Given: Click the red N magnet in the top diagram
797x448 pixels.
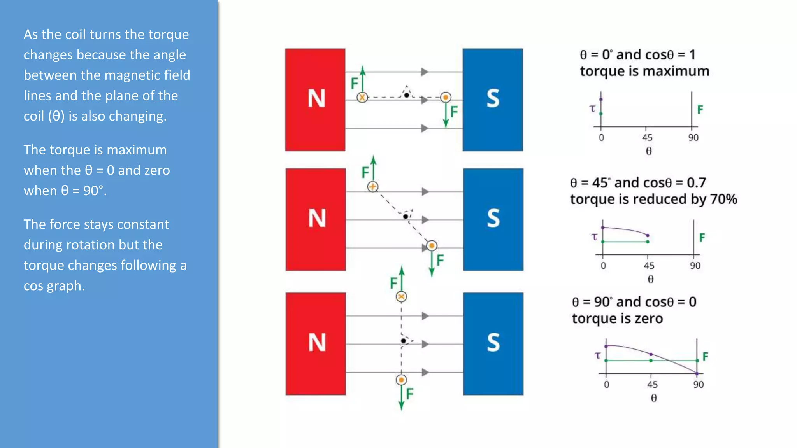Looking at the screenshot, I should [x=315, y=100].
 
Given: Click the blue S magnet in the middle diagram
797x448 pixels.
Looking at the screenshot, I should [x=493, y=219].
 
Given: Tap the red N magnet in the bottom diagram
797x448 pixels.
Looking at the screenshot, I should [x=316, y=344].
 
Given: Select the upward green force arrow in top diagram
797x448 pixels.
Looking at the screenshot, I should [x=363, y=80].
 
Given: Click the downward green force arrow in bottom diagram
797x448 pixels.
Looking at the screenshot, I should [x=401, y=397].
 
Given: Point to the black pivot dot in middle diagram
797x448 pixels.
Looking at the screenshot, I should [x=406, y=216].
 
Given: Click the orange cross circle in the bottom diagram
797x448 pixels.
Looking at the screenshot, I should [x=401, y=297].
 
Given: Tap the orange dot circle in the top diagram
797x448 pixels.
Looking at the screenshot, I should [x=446, y=97].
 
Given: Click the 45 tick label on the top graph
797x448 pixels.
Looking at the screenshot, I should [x=647, y=138].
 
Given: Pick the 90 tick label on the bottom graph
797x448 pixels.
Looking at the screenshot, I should [x=698, y=385].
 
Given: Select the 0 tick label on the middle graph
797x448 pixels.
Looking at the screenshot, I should [x=603, y=266].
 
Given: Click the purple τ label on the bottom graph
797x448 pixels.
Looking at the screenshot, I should [x=598, y=355].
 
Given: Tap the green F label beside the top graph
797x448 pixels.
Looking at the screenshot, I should [x=700, y=110].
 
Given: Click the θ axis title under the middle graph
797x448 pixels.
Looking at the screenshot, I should [x=650, y=279].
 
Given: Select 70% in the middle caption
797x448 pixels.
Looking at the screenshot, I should [x=723, y=199].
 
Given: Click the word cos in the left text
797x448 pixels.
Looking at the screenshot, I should [x=33, y=286].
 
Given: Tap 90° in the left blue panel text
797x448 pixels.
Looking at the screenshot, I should [x=93, y=191].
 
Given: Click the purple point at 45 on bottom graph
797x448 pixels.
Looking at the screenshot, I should [x=651, y=354].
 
